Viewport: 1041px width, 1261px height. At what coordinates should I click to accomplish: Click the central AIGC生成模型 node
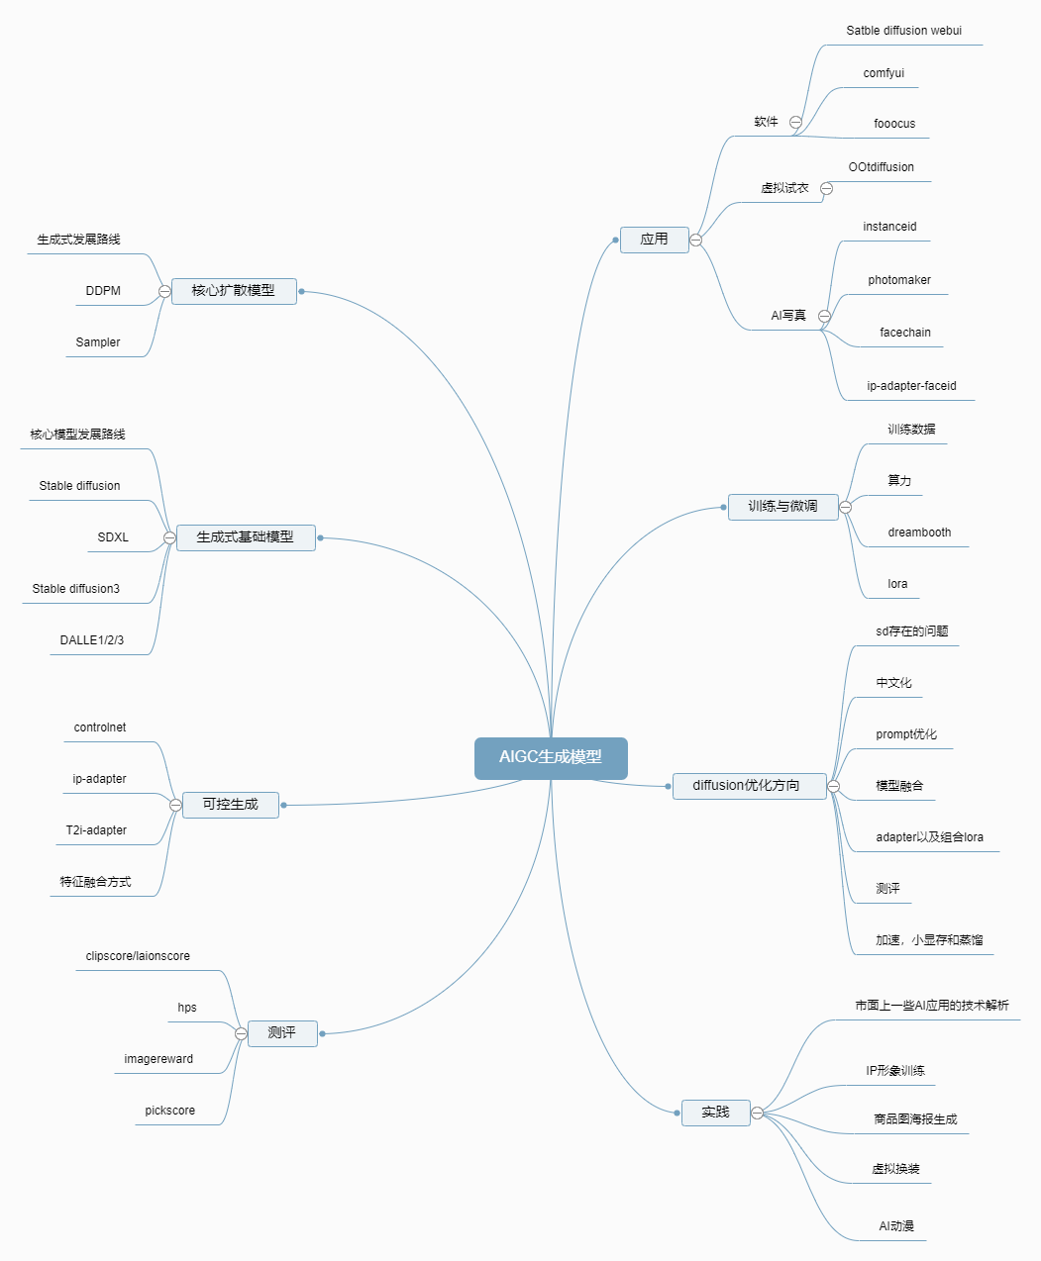pos(551,758)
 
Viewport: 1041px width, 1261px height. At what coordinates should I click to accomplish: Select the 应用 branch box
pos(654,240)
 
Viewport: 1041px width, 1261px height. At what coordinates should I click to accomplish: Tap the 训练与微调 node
pos(782,507)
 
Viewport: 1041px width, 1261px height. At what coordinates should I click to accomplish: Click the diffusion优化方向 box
pos(748,786)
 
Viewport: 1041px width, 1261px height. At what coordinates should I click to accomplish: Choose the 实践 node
pos(715,1113)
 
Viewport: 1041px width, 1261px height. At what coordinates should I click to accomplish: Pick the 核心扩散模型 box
pos(234,291)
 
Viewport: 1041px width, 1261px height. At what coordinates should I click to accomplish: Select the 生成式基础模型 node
pos(245,537)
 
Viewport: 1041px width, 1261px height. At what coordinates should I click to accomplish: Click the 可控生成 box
pos(230,805)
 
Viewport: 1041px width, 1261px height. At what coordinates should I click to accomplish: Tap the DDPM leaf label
pos(103,291)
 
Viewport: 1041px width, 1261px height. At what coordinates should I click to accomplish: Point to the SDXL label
pos(113,537)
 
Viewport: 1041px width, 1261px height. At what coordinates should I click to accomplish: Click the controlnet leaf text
pos(100,727)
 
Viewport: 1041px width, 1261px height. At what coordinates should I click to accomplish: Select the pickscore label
pos(170,1111)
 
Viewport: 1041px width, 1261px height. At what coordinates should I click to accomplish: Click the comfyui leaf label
pos(884,73)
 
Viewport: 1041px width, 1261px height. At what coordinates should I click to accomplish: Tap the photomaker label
pos(899,280)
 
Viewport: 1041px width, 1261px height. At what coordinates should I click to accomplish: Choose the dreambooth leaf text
pos(919,533)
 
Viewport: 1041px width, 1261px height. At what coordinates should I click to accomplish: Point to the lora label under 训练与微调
pos(897,584)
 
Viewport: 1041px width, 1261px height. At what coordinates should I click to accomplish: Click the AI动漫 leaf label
pos(896,1226)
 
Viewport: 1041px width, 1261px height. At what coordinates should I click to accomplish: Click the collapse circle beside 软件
pos(795,123)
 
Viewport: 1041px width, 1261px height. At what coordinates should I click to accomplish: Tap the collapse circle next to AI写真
pos(824,317)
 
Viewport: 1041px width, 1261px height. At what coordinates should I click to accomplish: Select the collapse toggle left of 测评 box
pos(241,1033)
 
